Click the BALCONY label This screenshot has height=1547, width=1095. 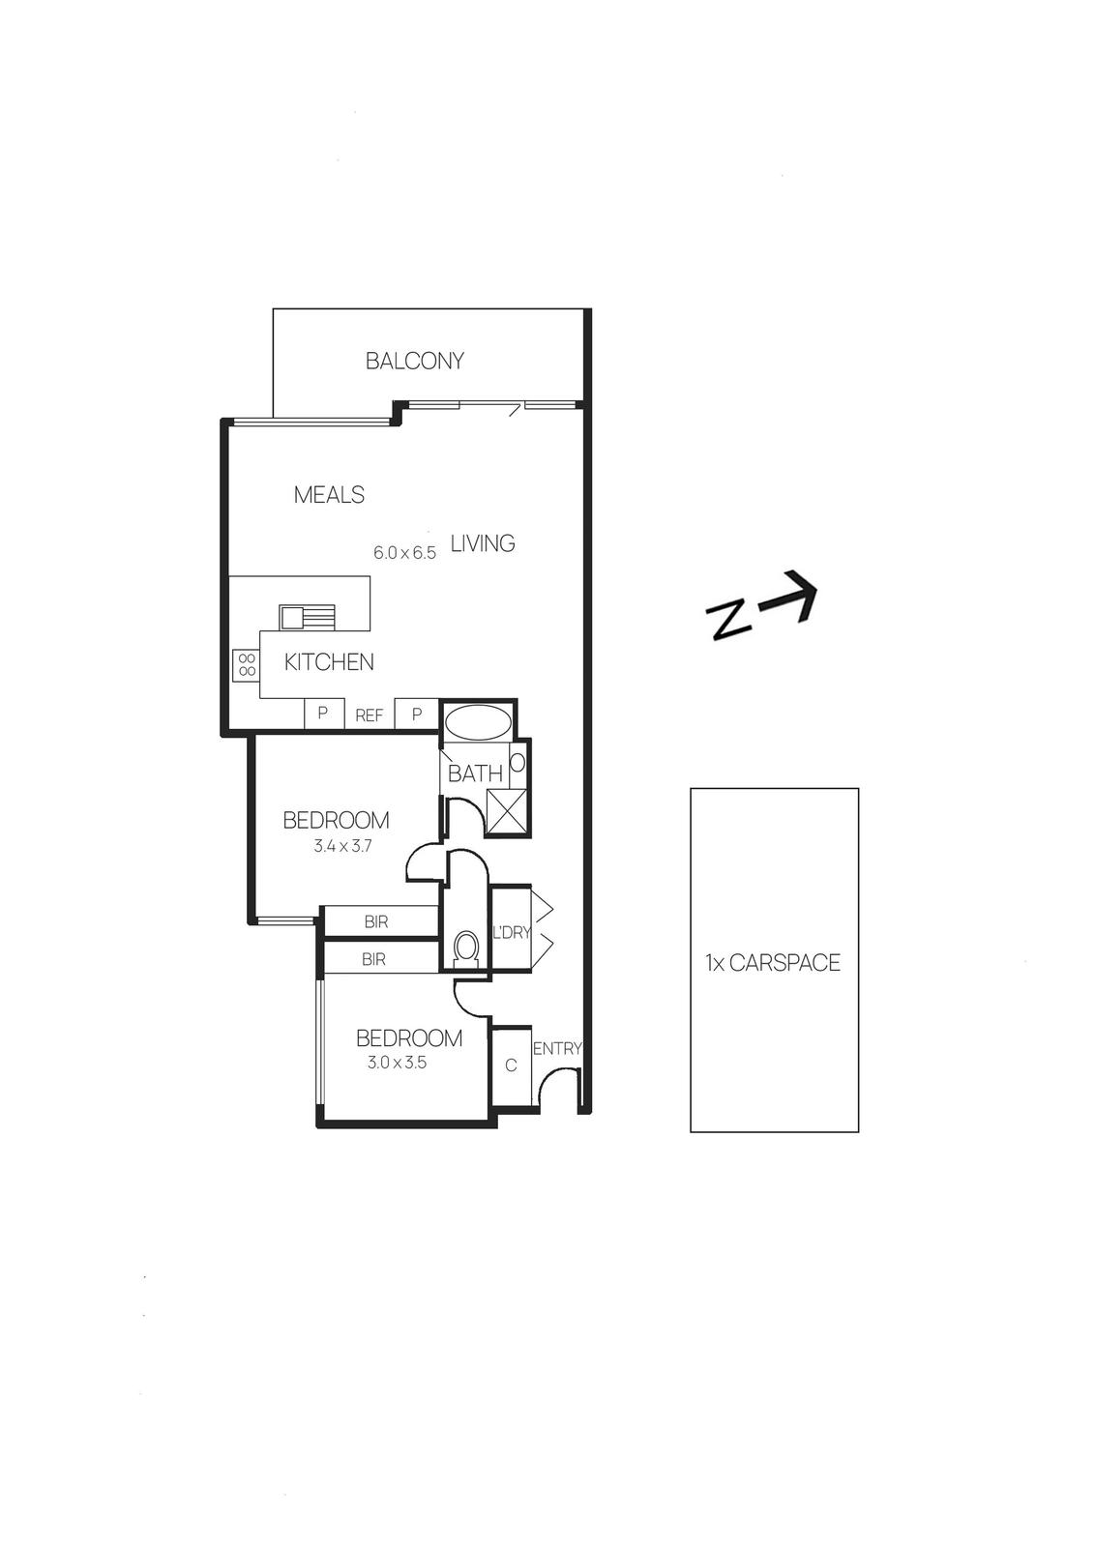click(414, 361)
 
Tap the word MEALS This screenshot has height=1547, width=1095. click(329, 495)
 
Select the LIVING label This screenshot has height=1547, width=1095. click(483, 543)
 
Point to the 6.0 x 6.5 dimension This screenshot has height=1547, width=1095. click(405, 553)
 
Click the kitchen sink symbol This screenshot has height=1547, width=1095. click(307, 616)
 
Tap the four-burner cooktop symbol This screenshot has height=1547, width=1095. click(247, 663)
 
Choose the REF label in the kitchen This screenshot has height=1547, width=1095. click(370, 716)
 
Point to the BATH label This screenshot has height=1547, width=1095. click(475, 773)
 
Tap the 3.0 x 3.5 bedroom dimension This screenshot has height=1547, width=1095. click(397, 1062)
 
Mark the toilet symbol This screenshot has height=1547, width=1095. click(466, 948)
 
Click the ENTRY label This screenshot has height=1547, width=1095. click(557, 1048)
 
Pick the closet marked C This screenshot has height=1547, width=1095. click(512, 1065)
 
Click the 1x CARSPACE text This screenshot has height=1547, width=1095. click(773, 963)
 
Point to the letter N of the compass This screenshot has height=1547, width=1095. click(728, 620)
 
